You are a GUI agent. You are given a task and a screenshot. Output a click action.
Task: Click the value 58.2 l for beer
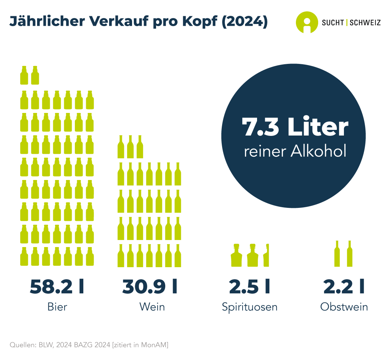pos(57,287)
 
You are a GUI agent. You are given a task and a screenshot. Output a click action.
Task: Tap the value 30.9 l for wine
pos(150,287)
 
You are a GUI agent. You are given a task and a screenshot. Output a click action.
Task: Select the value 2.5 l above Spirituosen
pos(249,287)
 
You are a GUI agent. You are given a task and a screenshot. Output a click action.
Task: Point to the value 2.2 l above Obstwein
pos(344,287)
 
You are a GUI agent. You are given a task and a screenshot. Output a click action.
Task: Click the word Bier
pos(57,307)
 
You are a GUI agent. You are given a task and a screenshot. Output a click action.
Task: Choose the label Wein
pos(152,307)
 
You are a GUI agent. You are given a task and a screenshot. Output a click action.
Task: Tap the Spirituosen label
pos(250,307)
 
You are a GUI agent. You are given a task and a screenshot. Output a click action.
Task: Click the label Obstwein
pos(344,307)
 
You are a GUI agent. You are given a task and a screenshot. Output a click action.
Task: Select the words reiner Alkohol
pos(295,152)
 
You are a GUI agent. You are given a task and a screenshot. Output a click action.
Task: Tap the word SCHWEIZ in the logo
pos(365,23)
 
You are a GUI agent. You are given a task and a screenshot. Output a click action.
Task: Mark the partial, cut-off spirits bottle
pos(266,255)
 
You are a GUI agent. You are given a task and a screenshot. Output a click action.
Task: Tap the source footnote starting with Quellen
pos(89,344)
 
